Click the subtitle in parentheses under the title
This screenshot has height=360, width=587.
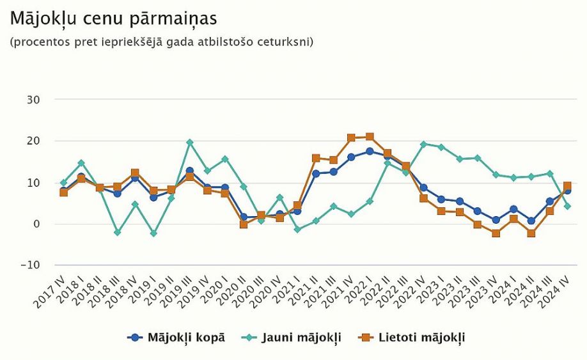pyautogui.click(x=161, y=43)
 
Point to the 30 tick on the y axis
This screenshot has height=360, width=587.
pyautogui.click(x=33, y=100)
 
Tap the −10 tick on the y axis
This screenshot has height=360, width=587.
pyautogui.click(x=31, y=265)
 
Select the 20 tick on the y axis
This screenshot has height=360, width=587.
pyautogui.click(x=33, y=141)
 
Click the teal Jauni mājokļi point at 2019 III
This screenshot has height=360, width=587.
pyautogui.click(x=189, y=143)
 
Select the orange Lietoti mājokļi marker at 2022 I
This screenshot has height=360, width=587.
pyautogui.click(x=370, y=137)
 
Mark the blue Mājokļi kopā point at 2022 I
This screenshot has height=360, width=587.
pyautogui.click(x=370, y=152)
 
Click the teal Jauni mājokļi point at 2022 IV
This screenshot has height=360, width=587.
pyautogui.click(x=423, y=145)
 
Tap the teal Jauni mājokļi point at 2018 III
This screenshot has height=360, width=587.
pyautogui.click(x=118, y=233)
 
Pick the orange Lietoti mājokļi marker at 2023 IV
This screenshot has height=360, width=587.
pyautogui.click(x=496, y=233)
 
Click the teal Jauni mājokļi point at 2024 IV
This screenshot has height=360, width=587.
pyautogui.click(x=567, y=206)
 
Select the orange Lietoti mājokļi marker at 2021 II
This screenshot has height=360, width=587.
pyautogui.click(x=316, y=158)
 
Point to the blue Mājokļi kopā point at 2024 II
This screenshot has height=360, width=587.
pyautogui.click(x=531, y=221)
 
